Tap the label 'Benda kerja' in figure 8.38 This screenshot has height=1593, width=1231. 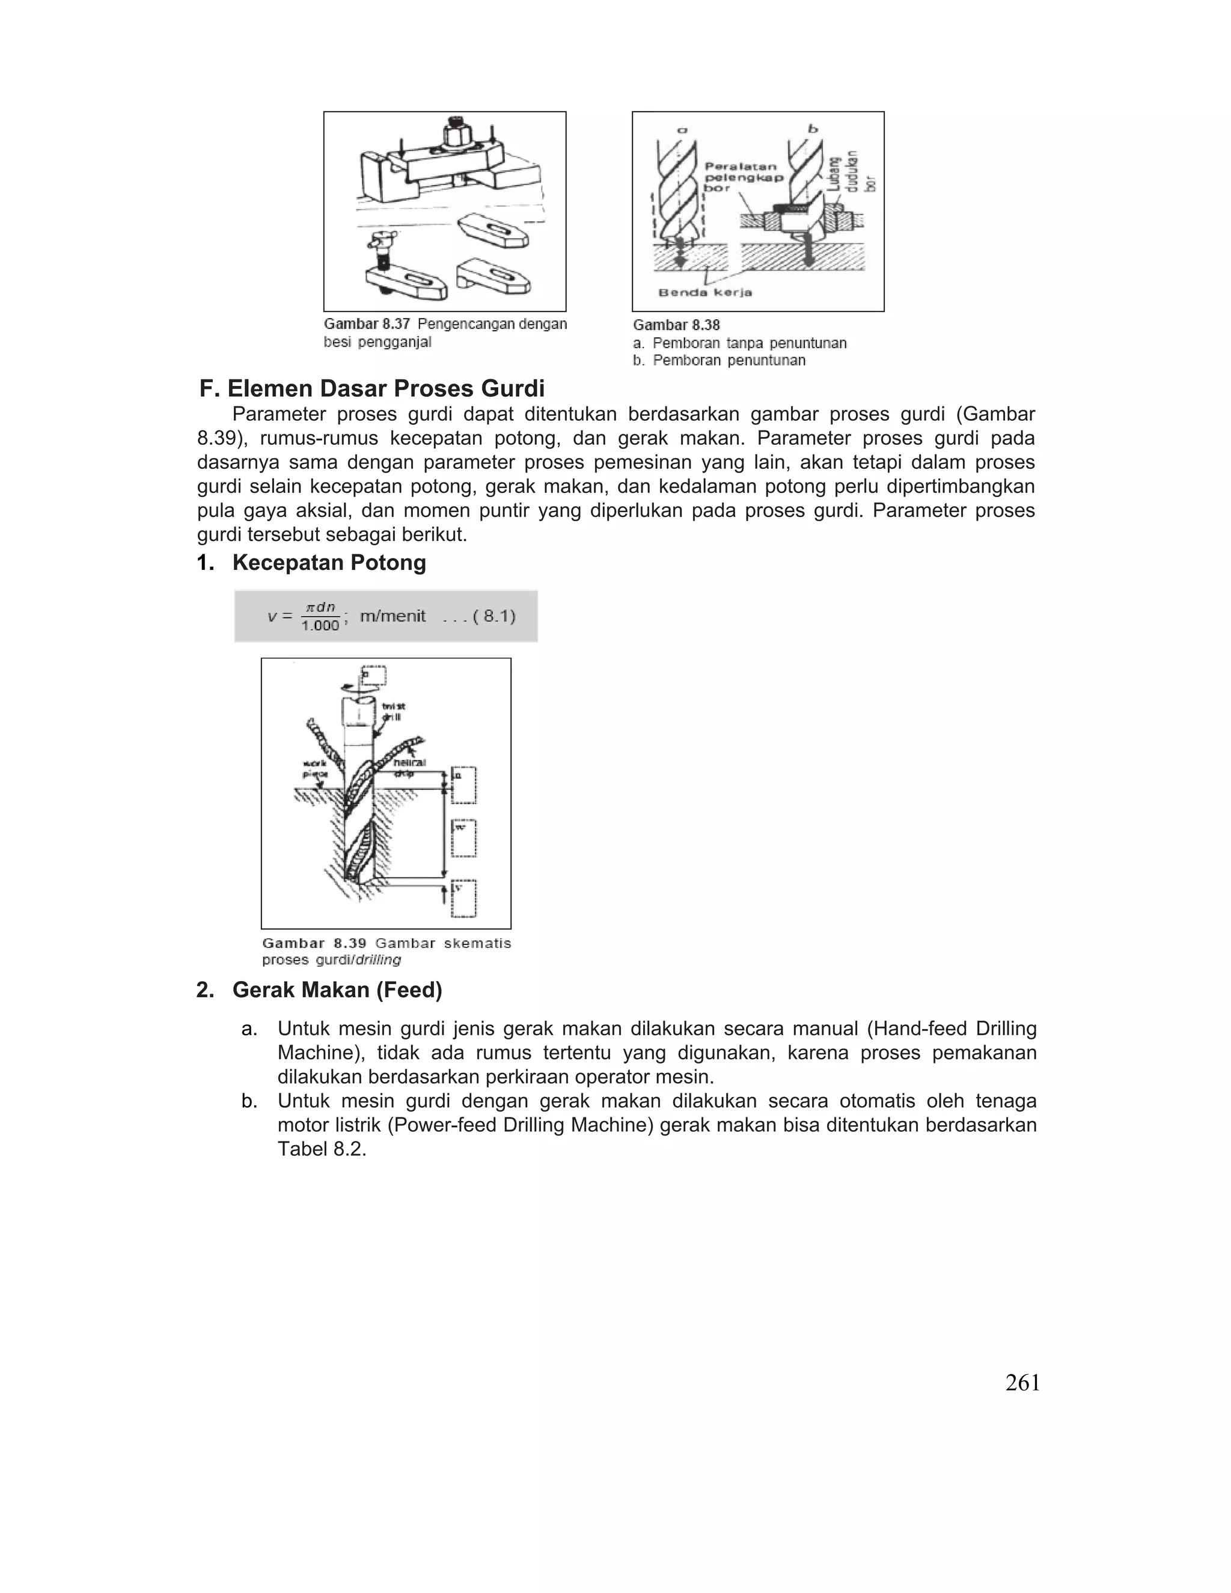704,293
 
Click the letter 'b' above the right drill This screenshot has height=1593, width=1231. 813,129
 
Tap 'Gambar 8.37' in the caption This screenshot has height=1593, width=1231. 367,324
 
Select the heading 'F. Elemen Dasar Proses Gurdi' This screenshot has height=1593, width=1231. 372,388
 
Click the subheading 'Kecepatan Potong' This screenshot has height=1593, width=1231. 329,563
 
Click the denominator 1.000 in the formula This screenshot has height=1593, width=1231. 320,626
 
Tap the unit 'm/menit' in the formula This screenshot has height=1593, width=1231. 393,616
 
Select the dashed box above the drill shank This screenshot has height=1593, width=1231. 374,676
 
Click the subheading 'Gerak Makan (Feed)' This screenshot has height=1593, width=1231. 337,990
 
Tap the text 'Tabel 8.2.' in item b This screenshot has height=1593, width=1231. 322,1149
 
